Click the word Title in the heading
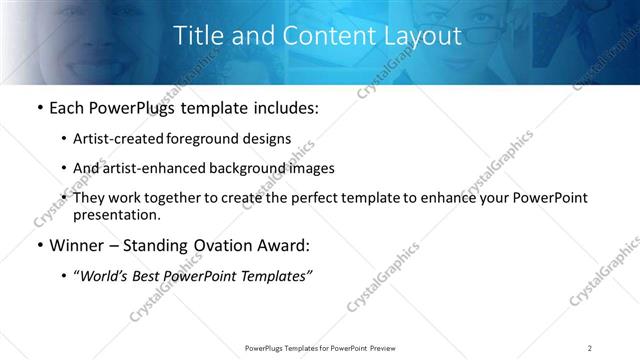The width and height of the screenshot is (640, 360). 198,36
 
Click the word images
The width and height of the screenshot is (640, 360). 312,168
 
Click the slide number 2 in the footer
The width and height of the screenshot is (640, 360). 590,347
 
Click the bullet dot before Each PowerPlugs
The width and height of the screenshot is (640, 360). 39,108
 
